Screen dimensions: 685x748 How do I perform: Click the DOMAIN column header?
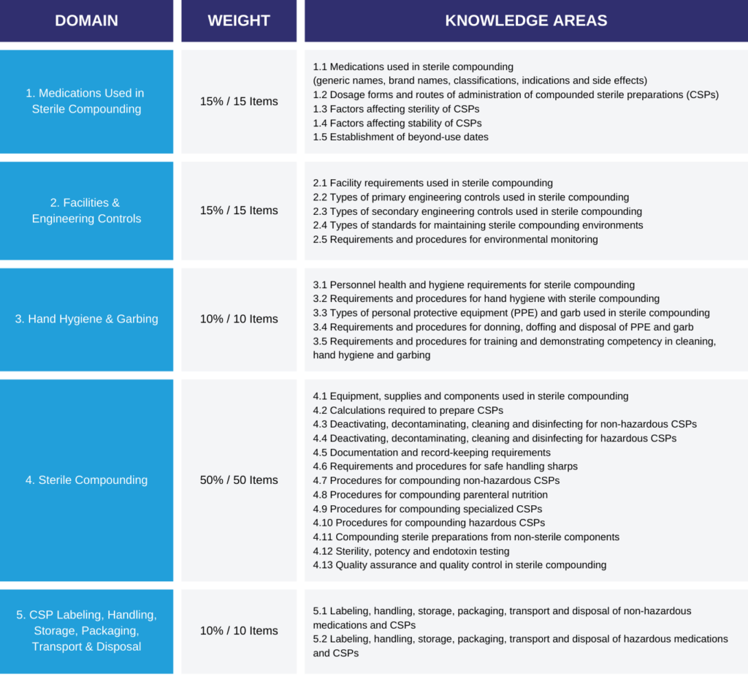pyautogui.click(x=86, y=20)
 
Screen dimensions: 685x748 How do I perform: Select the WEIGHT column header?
pyautogui.click(x=239, y=20)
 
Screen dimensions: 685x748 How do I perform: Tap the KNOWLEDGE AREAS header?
pyautogui.click(x=526, y=20)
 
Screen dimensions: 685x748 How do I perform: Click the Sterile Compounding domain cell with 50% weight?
pyautogui.click(x=86, y=480)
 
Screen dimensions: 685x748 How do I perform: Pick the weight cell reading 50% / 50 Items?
pyautogui.click(x=239, y=480)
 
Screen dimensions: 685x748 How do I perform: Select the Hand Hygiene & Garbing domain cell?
pyautogui.click(x=86, y=319)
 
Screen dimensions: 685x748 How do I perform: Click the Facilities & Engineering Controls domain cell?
pyautogui.click(x=86, y=211)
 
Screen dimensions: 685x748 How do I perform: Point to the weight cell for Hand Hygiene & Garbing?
pyautogui.click(x=239, y=319)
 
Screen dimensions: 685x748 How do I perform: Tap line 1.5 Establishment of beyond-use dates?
pyautogui.click(x=400, y=137)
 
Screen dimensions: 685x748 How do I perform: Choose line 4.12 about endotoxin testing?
pyautogui.click(x=411, y=550)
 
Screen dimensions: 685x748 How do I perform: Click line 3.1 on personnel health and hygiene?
pyautogui.click(x=473, y=284)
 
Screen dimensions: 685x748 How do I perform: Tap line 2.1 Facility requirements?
pyautogui.click(x=432, y=183)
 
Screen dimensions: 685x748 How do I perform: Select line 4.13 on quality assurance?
pyautogui.click(x=459, y=564)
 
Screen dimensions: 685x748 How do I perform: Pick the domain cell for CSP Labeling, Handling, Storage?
pyautogui.click(x=86, y=631)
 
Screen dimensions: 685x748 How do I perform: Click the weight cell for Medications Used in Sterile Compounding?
pyautogui.click(x=239, y=101)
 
